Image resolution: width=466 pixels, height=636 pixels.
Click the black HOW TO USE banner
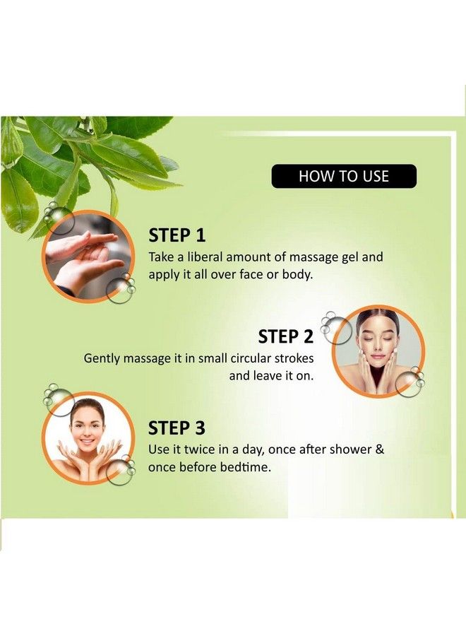tap(344, 176)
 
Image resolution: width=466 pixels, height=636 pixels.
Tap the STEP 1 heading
tap(177, 235)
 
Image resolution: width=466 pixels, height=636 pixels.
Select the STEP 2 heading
tap(286, 336)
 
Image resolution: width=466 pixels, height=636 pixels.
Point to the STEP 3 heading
tap(177, 428)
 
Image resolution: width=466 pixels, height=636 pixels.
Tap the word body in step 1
tap(297, 275)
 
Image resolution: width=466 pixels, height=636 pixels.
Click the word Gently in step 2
tap(102, 358)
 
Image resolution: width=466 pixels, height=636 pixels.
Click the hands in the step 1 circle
tap(86, 256)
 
